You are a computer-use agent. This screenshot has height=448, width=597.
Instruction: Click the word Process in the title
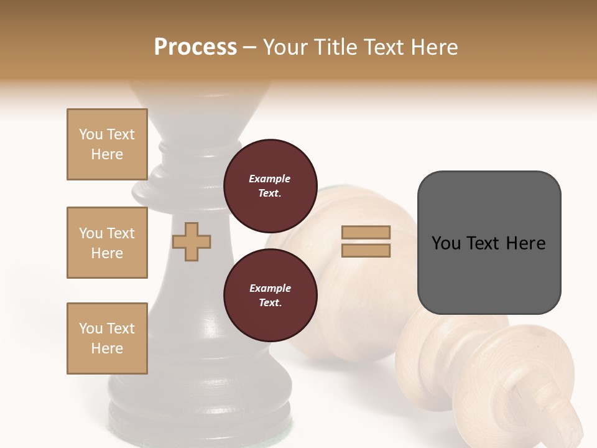tap(195, 47)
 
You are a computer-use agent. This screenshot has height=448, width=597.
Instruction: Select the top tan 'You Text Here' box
tap(107, 144)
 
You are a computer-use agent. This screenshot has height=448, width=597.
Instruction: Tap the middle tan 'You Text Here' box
tap(107, 243)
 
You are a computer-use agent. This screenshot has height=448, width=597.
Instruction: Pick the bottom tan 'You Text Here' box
tap(107, 338)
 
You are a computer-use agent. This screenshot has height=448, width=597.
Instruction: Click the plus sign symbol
tap(192, 241)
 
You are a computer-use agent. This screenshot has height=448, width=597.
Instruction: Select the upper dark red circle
tap(270, 185)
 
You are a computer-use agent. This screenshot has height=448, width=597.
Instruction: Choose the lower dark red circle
tap(270, 295)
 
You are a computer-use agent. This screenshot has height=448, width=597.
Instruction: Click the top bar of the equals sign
tap(366, 233)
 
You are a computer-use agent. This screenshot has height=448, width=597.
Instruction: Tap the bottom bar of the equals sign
tap(366, 250)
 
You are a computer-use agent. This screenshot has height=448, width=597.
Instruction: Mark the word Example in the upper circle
tap(270, 179)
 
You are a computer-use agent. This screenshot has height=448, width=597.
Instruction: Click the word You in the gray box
tap(446, 243)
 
